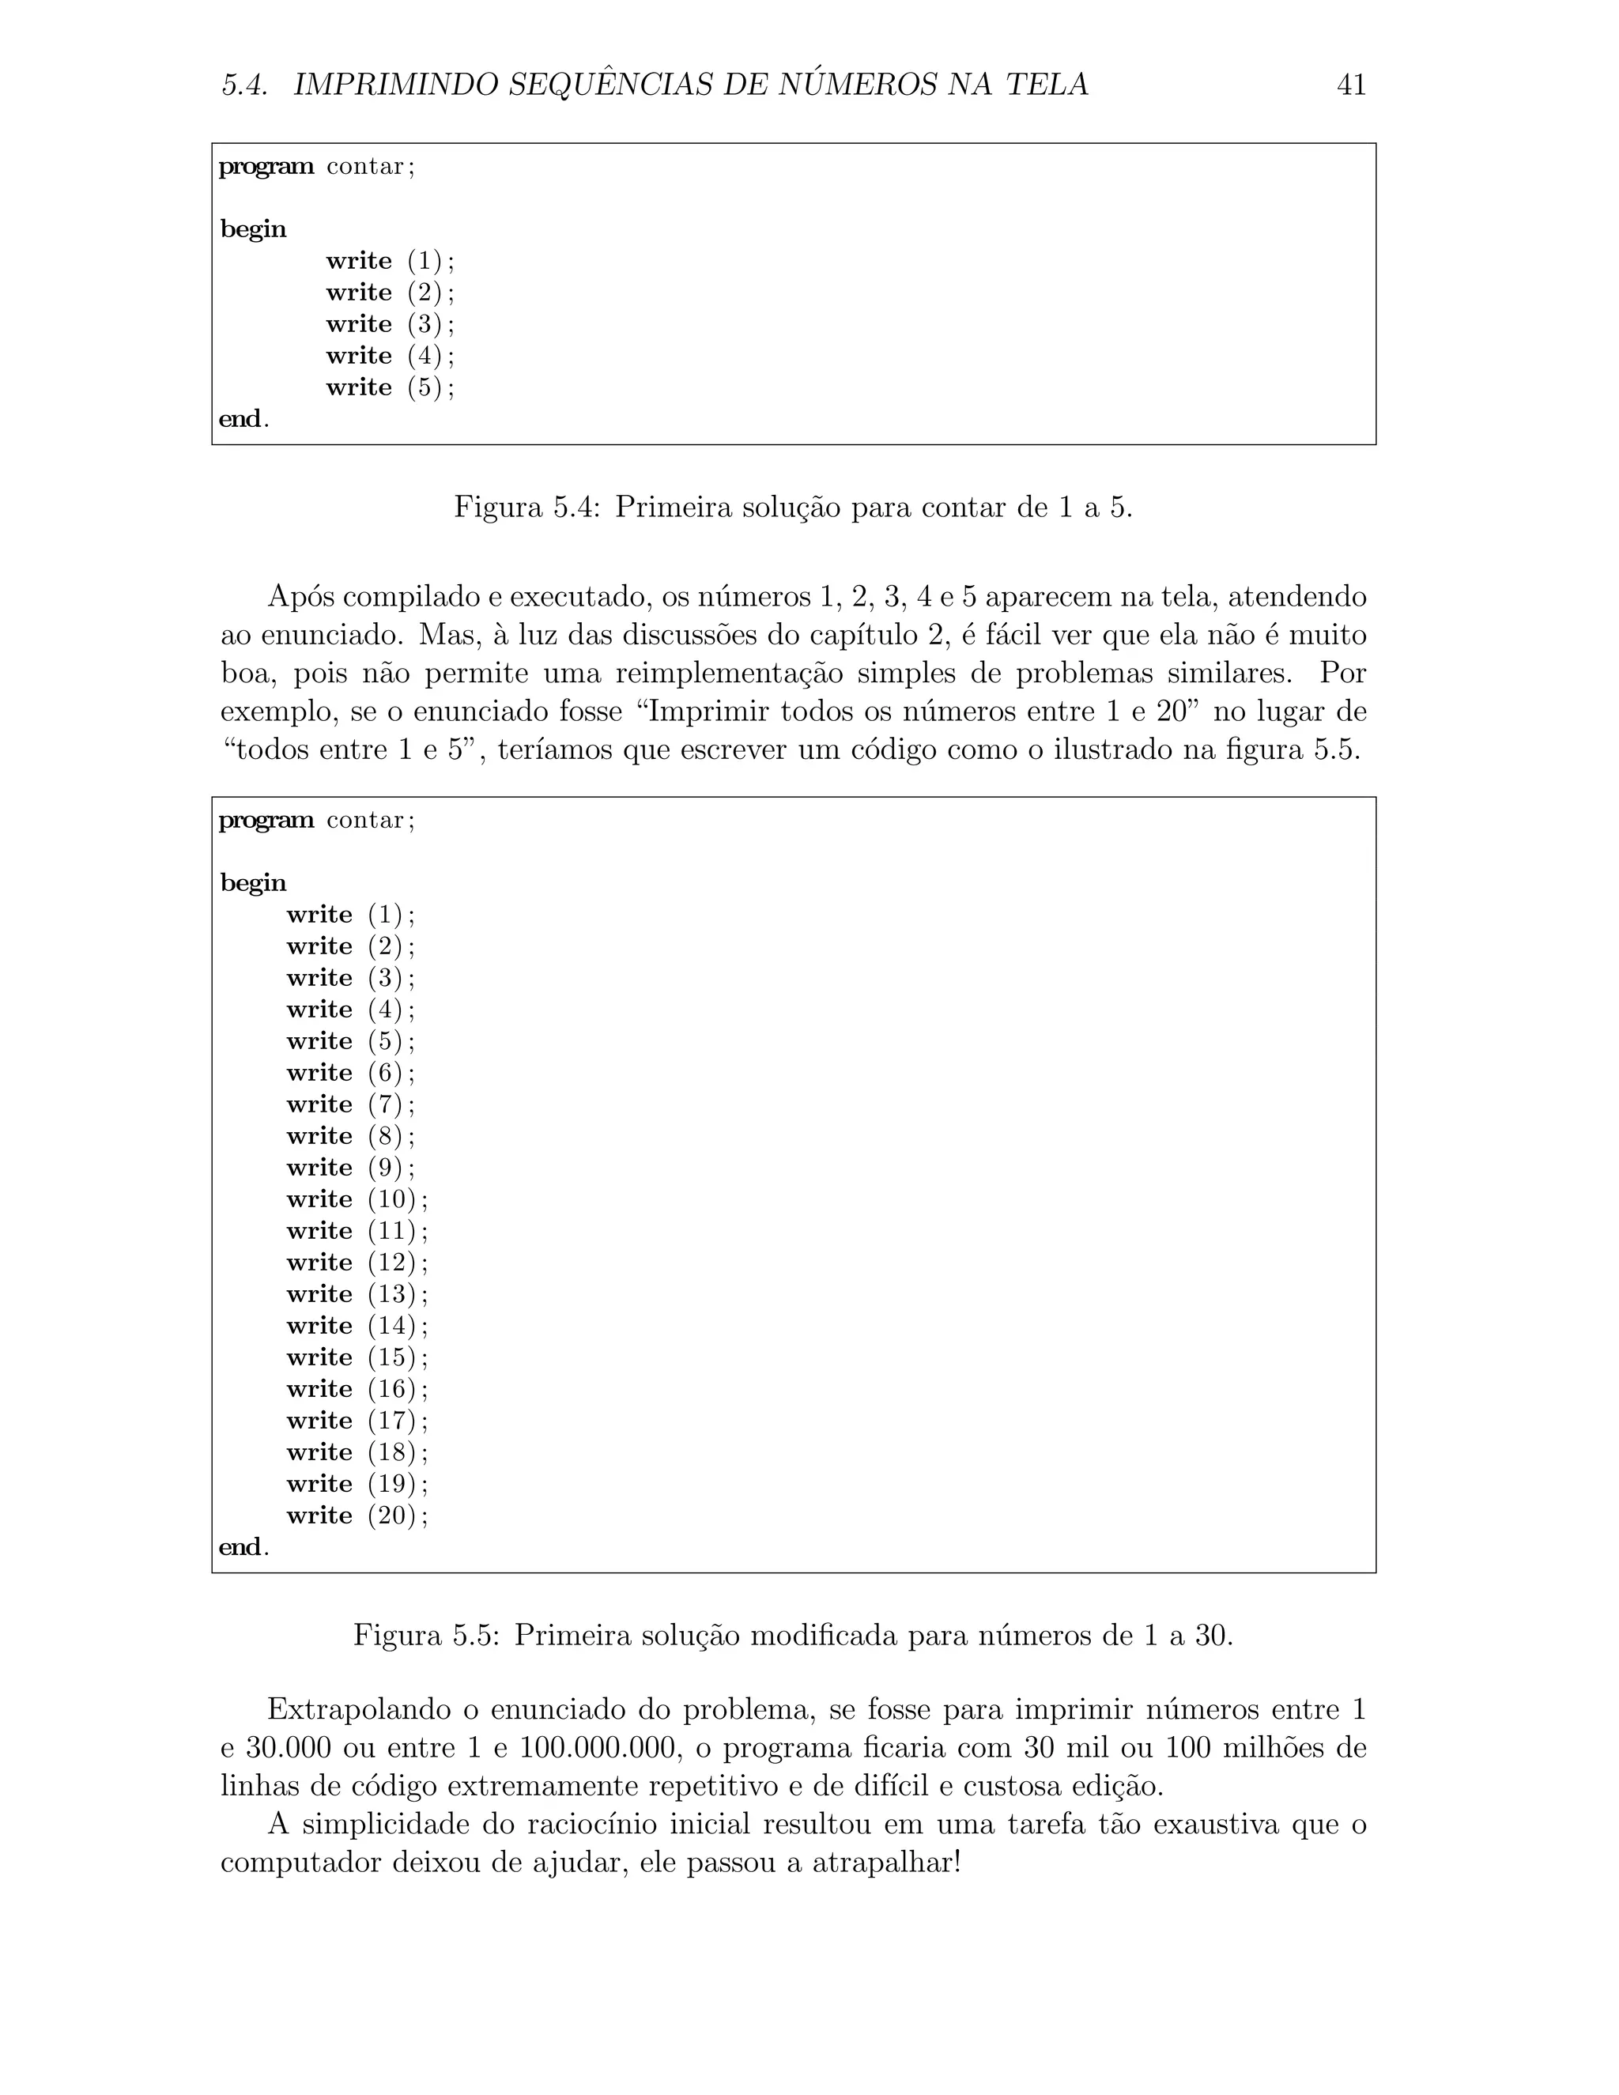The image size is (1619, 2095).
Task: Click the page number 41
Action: [x=1350, y=85]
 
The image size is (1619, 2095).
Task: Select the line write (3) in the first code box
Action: [x=390, y=324]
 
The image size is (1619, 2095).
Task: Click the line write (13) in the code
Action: [x=357, y=1294]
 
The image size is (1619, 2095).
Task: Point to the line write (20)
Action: [x=357, y=1516]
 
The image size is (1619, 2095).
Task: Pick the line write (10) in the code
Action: [x=357, y=1199]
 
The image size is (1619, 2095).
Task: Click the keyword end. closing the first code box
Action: [x=243, y=419]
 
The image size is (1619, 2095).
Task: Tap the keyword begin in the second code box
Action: [x=253, y=882]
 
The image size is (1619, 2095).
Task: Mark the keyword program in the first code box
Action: [x=266, y=166]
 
